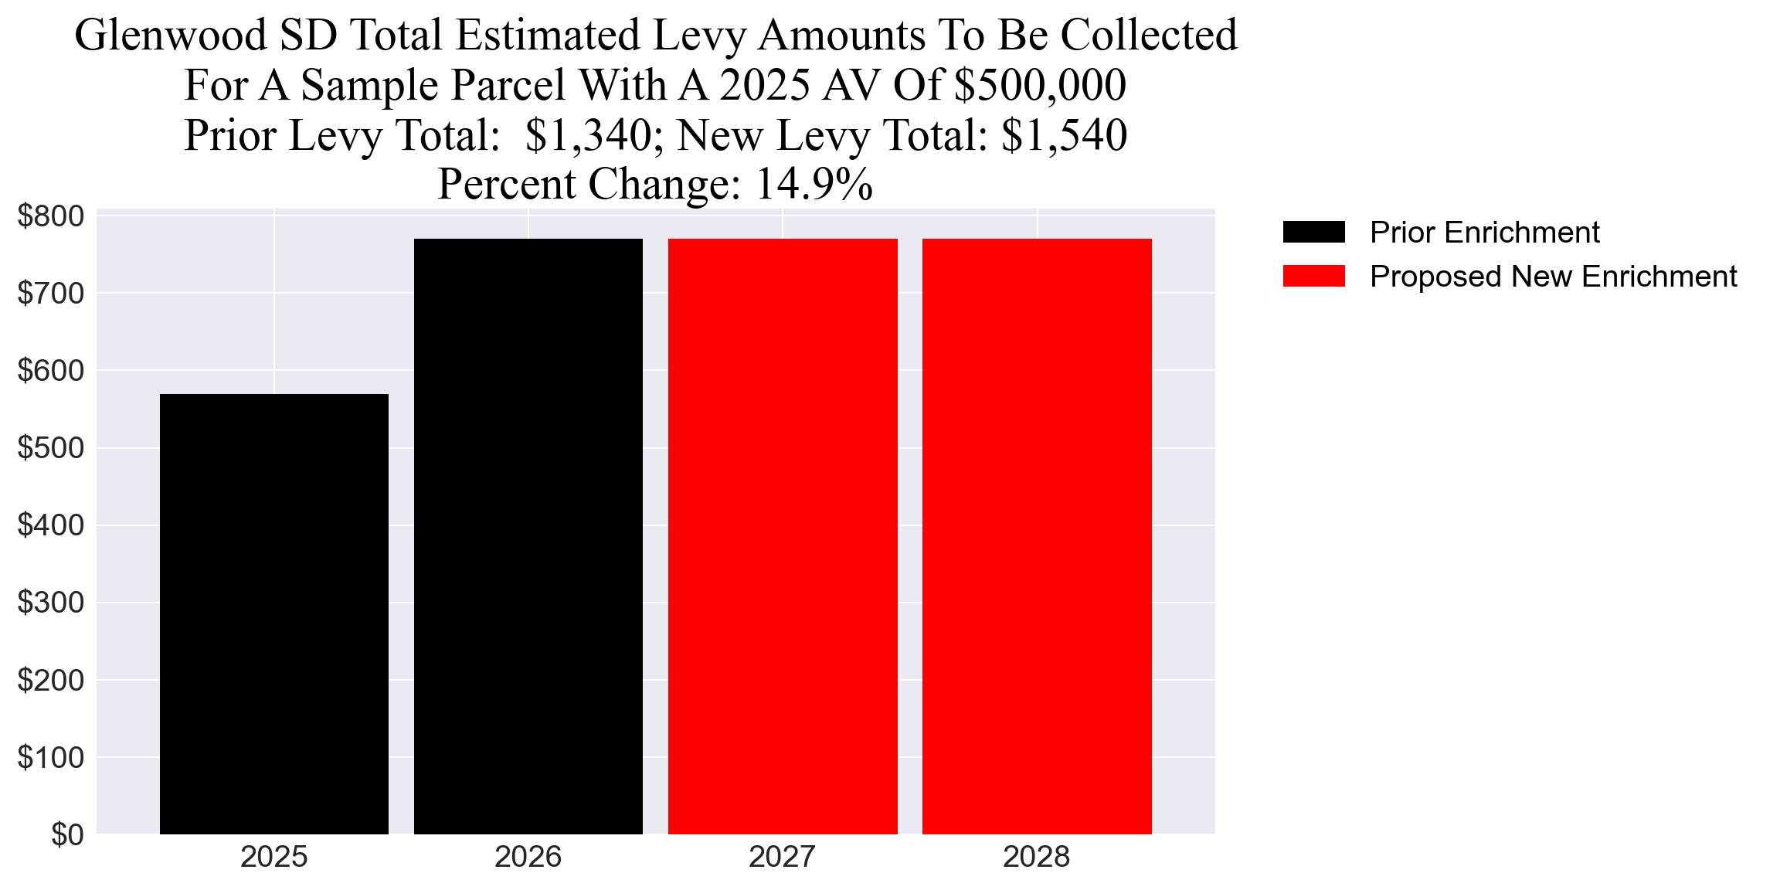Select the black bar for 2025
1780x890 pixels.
273,614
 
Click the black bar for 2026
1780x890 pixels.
528,537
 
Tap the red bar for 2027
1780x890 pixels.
782,537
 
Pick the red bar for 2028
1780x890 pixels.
1037,537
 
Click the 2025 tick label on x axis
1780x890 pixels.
273,858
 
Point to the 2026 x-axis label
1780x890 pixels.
528,858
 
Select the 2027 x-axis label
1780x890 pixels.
782,858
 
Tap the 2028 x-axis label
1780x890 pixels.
1036,858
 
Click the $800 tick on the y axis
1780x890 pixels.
50,216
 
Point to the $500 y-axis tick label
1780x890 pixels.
50,448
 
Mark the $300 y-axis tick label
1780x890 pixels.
50,603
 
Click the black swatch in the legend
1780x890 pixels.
1313,232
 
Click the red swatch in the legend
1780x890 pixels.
1313,276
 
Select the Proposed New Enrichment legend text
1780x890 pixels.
1553,277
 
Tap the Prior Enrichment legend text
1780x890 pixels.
1484,233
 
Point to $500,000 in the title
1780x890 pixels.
1040,85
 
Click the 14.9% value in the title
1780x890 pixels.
814,185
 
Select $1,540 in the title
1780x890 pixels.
1064,135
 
